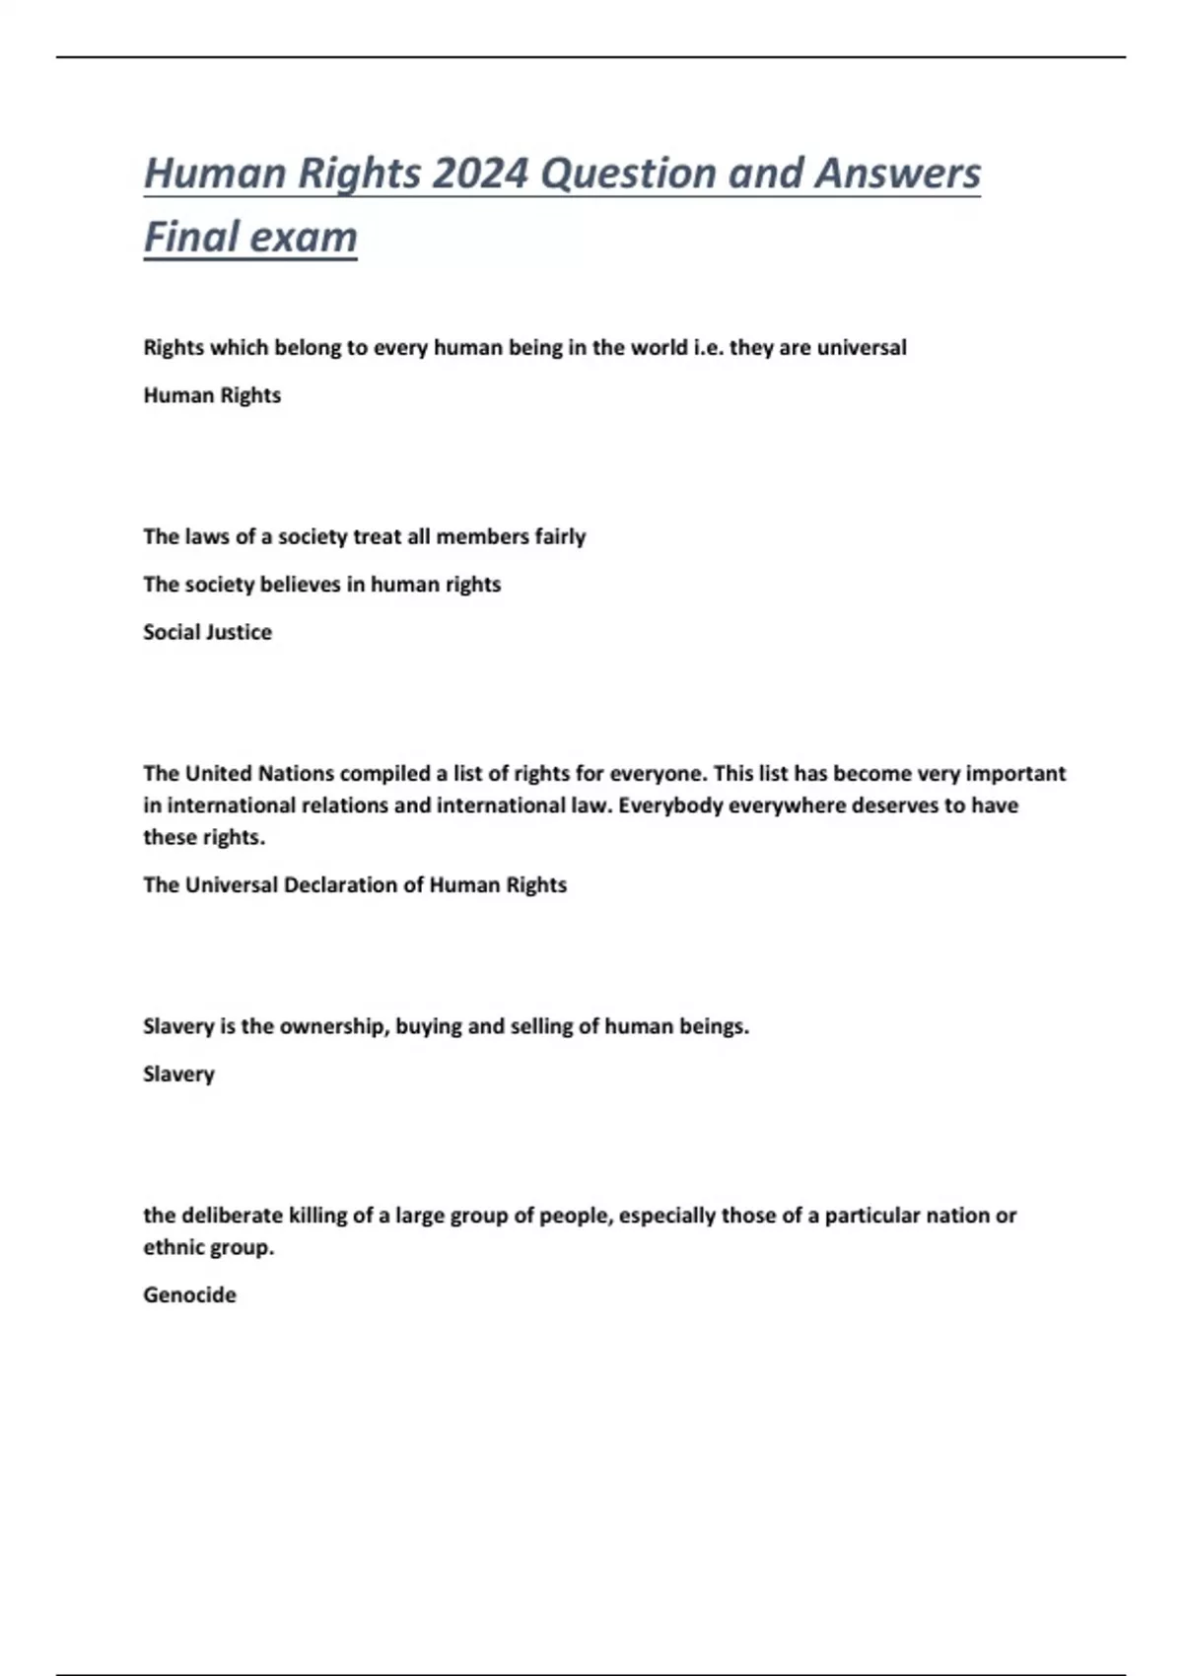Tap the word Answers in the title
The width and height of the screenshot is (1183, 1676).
(x=897, y=174)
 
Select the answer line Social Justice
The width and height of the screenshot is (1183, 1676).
(x=207, y=632)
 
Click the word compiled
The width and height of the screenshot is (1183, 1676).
(x=386, y=773)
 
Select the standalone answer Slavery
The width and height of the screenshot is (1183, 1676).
(x=178, y=1074)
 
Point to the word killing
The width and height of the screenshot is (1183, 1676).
(x=317, y=1216)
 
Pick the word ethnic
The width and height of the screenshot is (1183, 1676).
(x=174, y=1247)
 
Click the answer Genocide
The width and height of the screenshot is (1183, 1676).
(x=189, y=1294)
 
